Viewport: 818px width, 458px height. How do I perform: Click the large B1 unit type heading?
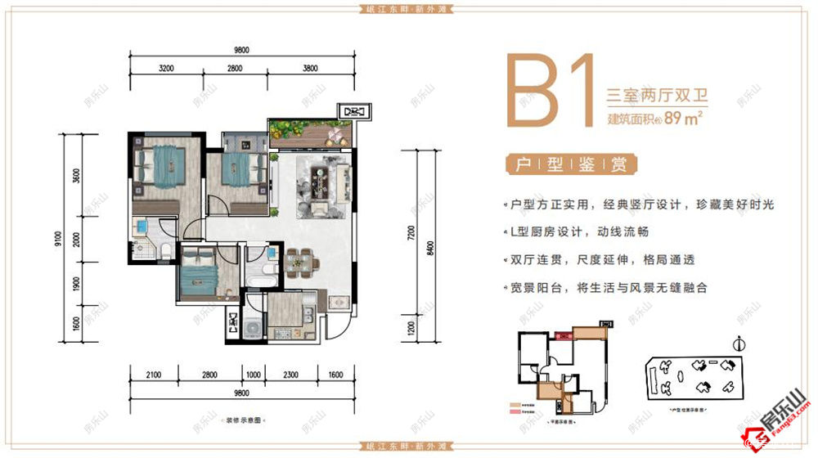pyautogui.click(x=550, y=92)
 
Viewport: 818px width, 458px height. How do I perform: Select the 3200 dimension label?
pyautogui.click(x=168, y=69)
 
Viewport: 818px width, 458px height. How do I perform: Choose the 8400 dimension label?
pyautogui.click(x=430, y=241)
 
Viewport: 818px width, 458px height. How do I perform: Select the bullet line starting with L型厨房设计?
pyautogui.click(x=594, y=232)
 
